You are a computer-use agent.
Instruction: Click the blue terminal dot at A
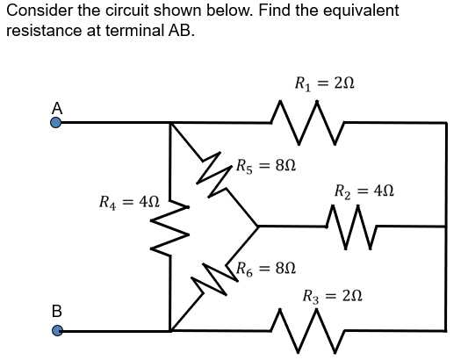(55, 123)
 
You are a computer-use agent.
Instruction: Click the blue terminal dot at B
(55, 331)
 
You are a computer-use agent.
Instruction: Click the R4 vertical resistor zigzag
(169, 227)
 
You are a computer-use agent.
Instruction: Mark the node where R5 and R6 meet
(257, 226)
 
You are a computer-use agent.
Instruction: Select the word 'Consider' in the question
(35, 11)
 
